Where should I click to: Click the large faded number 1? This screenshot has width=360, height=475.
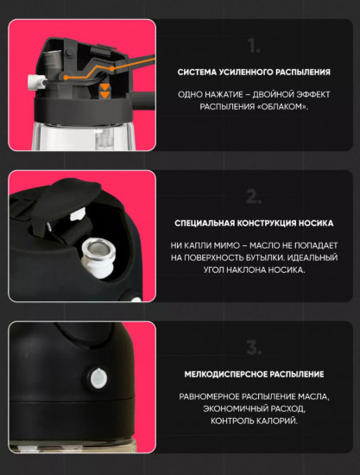coord(253,46)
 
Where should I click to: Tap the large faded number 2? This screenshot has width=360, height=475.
coord(253,196)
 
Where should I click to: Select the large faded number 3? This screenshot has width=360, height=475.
coord(253,347)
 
